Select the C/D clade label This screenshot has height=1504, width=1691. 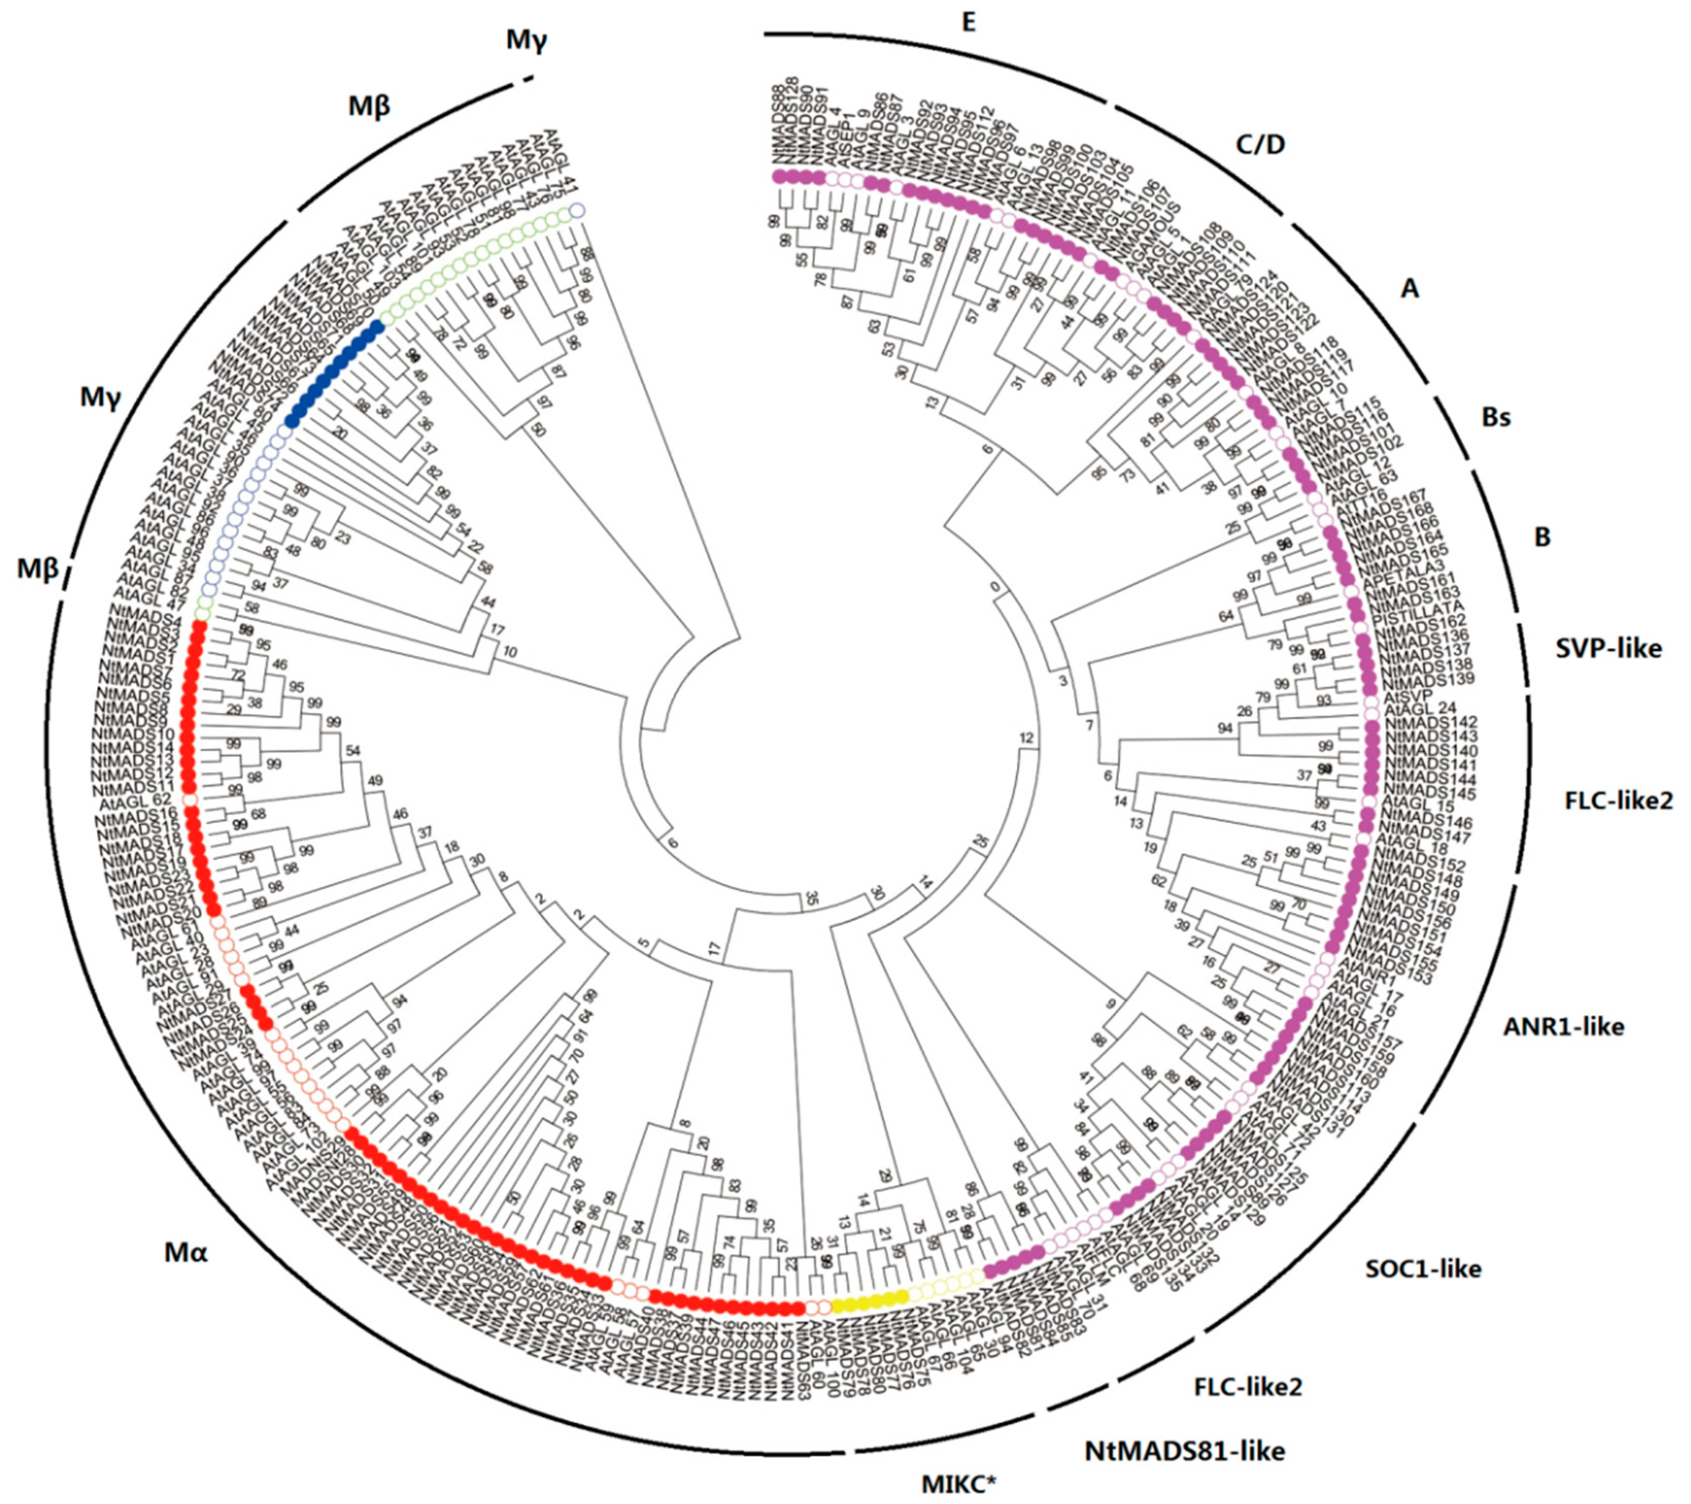pos(1260,145)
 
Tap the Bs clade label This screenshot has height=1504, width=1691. pos(1496,418)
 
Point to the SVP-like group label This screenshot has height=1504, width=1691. pos(1608,648)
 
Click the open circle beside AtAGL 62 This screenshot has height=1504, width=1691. pos(189,800)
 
